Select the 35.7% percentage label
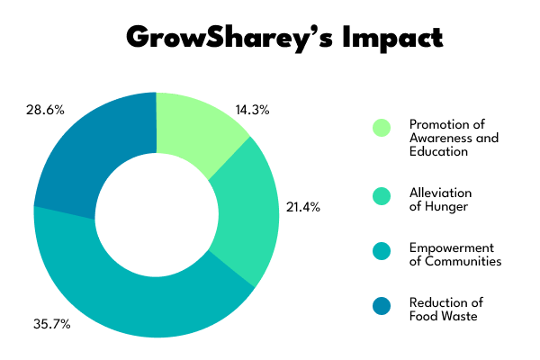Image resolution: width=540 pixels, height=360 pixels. tap(50, 323)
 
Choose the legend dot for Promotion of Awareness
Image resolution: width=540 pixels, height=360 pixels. tap(382, 129)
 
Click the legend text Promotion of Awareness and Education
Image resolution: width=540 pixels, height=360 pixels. tap(453, 138)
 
